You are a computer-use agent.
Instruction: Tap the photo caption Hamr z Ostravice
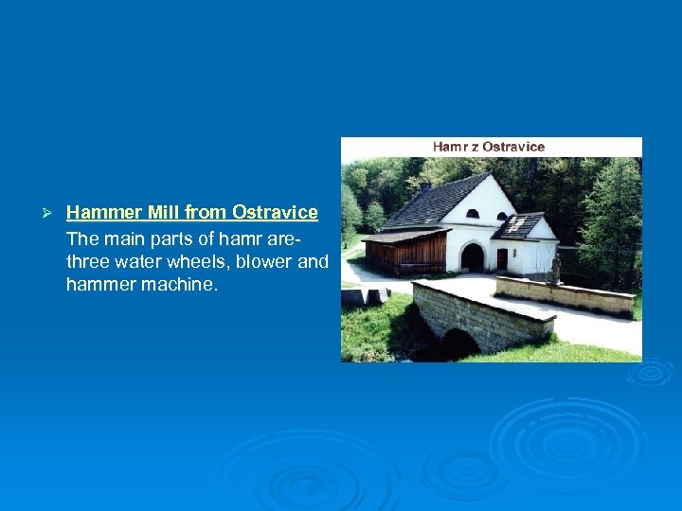pyautogui.click(x=489, y=147)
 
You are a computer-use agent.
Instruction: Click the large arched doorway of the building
pyautogui.click(x=472, y=257)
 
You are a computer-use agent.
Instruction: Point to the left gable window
pyautogui.click(x=472, y=214)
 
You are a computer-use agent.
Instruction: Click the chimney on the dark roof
pyautogui.click(x=426, y=185)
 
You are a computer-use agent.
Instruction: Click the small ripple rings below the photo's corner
pyautogui.click(x=651, y=372)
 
